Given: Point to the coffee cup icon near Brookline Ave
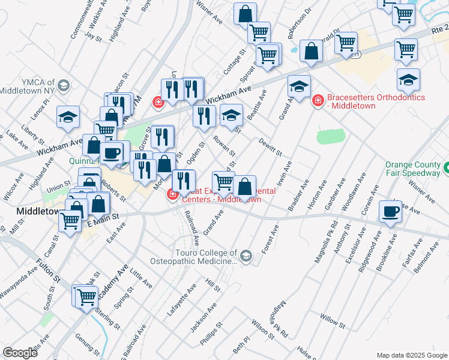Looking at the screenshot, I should point(390,212).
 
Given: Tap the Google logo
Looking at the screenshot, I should point(20,352).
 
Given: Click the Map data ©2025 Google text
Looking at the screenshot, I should point(411,355).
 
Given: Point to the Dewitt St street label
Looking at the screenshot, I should point(270,146).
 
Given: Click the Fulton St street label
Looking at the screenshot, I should point(48,271).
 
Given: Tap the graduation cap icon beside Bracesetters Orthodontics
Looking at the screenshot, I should point(299,86).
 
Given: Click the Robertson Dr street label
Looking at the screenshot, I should point(299,24).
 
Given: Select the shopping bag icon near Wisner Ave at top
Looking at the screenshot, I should point(245,14).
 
